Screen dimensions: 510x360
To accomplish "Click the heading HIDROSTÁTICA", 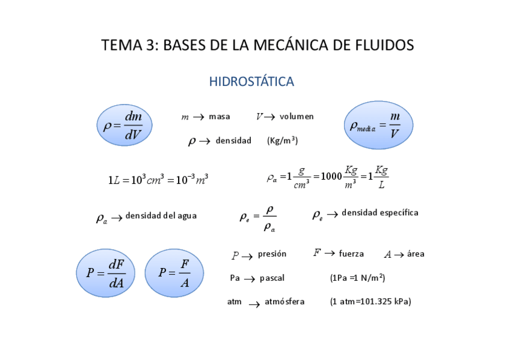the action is pos(251,82).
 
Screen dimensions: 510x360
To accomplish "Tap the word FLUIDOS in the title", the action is pos(383,45).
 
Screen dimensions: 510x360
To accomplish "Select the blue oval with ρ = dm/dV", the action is pos(124,126).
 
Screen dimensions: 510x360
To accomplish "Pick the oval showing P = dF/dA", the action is pos(106,273).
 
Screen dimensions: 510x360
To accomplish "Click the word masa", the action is pos(220,117).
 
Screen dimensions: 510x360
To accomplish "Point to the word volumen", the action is pos(296,117).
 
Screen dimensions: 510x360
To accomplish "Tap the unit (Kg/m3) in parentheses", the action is pos(282,141).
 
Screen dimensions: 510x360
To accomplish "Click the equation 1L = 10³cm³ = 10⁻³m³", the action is pos(158,180).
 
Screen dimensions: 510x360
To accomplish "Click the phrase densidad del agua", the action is pos(161,216).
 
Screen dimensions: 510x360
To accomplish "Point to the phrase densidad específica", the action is pos(379,213).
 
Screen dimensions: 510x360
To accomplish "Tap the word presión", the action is pos(272,254).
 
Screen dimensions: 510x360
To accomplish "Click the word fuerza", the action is pos(351,254).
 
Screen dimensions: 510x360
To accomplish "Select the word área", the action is pos(416,254).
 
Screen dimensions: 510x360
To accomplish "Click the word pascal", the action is pos(272,278).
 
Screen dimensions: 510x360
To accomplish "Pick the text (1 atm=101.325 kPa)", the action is pos(370,302).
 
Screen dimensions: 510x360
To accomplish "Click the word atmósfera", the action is pos(284,302).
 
